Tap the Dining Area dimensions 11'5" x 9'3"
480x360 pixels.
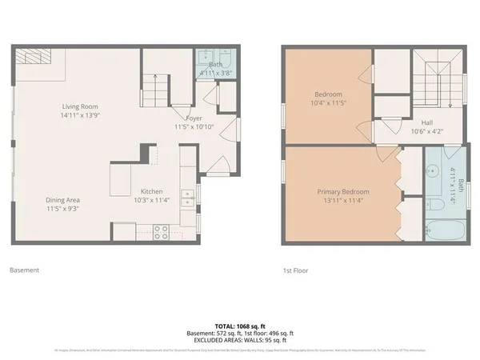point(62,210)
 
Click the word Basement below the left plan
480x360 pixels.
point(24,270)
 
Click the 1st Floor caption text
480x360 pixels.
point(296,270)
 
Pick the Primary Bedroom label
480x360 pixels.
point(343,192)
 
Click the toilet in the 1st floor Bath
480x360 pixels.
point(436,205)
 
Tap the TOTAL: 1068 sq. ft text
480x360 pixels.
point(240,326)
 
